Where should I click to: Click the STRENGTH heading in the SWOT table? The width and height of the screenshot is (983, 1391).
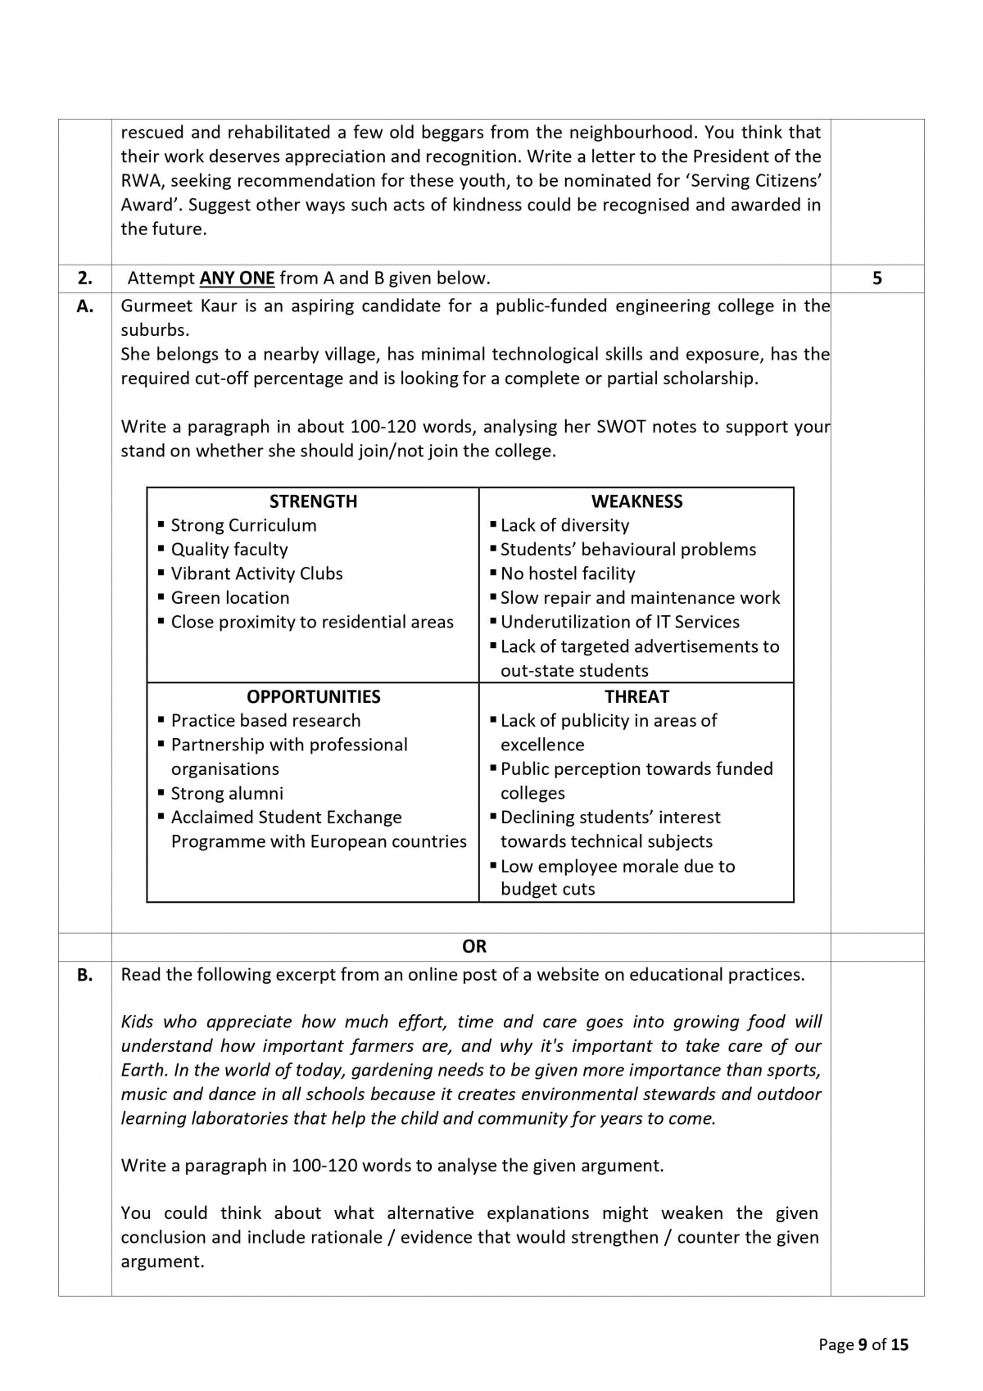pos(313,501)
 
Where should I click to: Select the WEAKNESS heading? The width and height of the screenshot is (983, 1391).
pos(636,501)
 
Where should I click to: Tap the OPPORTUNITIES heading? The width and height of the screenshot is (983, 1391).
pos(313,696)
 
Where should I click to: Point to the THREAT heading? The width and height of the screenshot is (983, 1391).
pos(636,696)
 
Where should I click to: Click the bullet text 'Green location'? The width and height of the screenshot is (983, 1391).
pos(229,598)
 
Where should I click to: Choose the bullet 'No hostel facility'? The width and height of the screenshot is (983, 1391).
pos(567,573)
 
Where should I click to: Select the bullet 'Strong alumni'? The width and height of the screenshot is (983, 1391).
pos(227,793)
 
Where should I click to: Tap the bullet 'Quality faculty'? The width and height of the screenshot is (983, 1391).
pos(229,550)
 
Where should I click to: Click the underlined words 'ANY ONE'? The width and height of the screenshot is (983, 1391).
pos(237,279)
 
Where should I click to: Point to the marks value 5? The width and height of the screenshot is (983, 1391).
pos(877,279)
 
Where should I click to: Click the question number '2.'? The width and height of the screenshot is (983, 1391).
pos(85,279)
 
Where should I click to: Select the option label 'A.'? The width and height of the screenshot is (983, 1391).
pos(85,306)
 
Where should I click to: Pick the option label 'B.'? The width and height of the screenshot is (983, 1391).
pos(85,975)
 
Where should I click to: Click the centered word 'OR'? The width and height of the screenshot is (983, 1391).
pos(474,947)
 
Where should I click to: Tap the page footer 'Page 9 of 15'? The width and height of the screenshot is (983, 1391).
pos(863,1344)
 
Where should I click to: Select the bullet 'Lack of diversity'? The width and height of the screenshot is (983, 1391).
pos(564,525)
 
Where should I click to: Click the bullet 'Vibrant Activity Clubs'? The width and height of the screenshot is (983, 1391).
pos(256,573)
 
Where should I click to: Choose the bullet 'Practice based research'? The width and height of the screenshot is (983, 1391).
pos(265,721)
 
